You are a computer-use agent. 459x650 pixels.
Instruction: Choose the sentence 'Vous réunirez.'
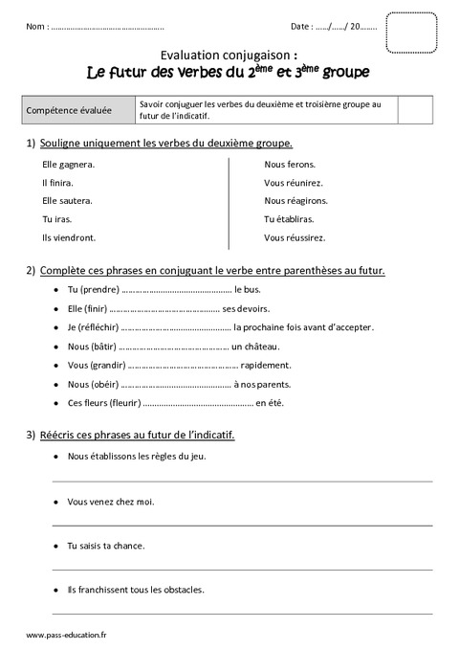(294, 182)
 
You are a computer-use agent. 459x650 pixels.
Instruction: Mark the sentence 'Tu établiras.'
(291, 218)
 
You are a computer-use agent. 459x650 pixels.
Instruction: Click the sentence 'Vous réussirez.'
(295, 236)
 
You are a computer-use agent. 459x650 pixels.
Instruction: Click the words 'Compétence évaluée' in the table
(72, 110)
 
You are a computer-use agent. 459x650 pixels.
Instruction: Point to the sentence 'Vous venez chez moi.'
(111, 501)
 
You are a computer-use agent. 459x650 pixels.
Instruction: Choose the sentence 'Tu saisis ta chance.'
(106, 546)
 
